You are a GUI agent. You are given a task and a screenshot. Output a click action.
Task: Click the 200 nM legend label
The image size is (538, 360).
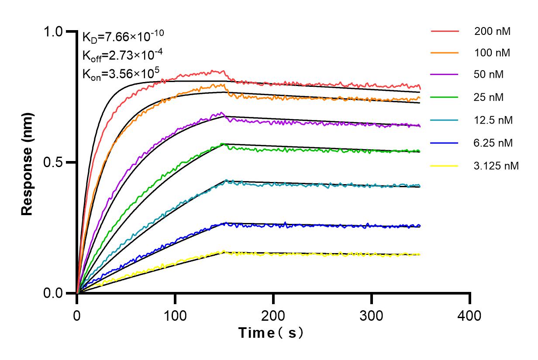click(492, 31)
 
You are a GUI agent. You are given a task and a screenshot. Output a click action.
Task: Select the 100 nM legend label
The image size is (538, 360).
click(492, 54)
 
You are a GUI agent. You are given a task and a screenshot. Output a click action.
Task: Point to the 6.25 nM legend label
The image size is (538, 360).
click(493, 143)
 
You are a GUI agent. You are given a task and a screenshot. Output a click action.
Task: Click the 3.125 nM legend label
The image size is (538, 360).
click(497, 166)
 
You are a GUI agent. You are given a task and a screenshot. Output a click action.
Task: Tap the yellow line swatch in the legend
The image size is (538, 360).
click(445, 166)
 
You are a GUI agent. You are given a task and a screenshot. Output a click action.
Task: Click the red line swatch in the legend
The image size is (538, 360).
click(445, 31)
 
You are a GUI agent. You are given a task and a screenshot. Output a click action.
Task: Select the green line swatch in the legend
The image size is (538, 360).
click(445, 97)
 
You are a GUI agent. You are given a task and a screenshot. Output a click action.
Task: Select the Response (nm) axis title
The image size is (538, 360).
click(28, 162)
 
